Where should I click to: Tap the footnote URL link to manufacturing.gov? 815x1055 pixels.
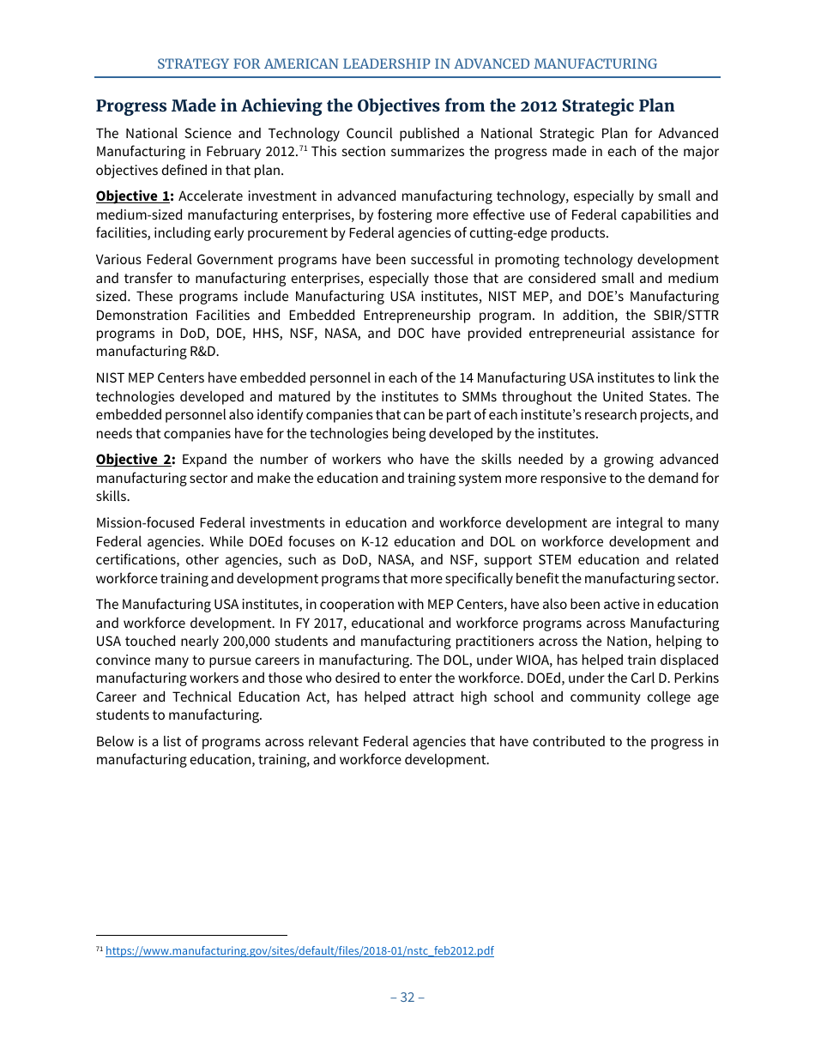[x=299, y=951]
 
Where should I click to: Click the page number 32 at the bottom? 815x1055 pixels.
[x=407, y=997]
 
